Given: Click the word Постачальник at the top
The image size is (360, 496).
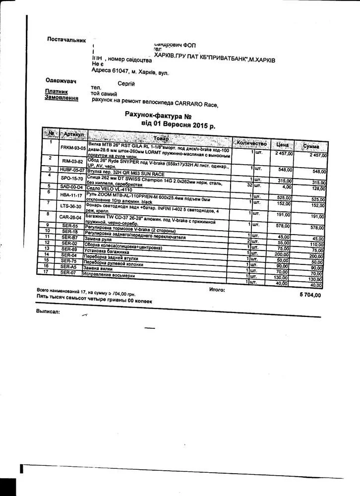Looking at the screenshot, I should (x=66, y=39).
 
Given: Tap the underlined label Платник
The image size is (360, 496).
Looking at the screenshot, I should (x=55, y=91).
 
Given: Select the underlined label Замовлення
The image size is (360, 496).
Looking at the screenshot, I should (x=61, y=98).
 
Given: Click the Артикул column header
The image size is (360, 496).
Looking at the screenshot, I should (x=73, y=135).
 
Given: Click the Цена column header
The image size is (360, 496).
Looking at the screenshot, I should (x=283, y=144).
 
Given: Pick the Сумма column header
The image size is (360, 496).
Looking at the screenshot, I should (x=311, y=146).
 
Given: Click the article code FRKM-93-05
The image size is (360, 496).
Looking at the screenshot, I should (x=73, y=148).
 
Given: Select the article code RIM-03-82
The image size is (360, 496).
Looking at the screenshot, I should (x=72, y=161).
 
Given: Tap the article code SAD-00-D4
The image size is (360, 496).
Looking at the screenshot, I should (x=72, y=186).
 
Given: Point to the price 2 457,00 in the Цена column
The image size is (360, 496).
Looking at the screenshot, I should (x=284, y=154).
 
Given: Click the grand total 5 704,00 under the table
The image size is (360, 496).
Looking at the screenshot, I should (x=310, y=295).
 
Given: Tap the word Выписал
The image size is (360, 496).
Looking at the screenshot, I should (x=48, y=311).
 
